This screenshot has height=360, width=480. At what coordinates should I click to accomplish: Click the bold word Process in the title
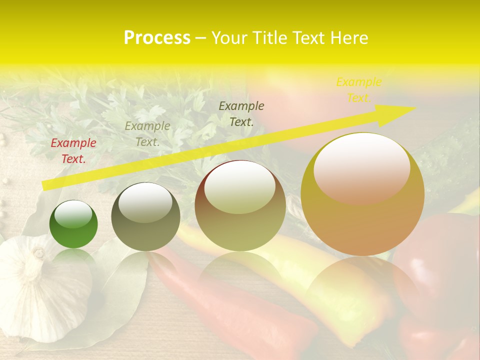157,38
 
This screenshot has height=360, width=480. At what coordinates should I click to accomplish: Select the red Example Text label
73,151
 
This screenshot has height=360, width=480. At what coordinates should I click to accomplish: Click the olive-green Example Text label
147,134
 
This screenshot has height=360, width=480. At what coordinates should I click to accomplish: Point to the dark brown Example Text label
241,113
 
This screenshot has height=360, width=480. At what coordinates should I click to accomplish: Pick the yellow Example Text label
358,90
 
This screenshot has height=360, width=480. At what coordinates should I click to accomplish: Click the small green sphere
73,224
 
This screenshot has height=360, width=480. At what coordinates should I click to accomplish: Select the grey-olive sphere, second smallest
145,216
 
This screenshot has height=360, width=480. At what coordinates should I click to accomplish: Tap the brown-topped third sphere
240,205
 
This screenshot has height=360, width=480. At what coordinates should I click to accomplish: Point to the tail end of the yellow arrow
45,185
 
